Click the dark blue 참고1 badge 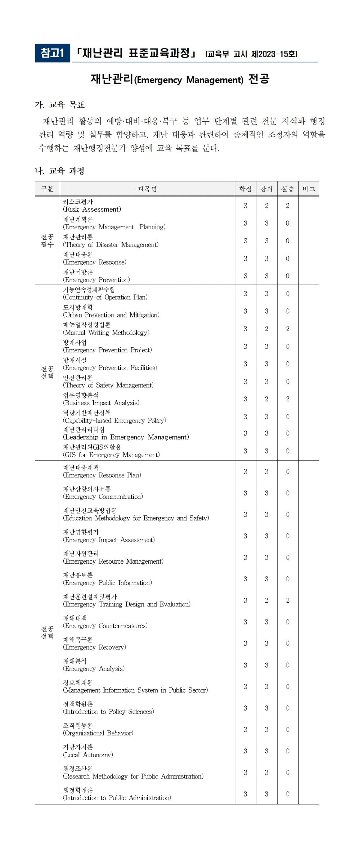pyautogui.click(x=52, y=53)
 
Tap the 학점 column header pyautogui.click(x=245, y=189)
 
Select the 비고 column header pyautogui.click(x=309, y=189)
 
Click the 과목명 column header pyautogui.click(x=147, y=189)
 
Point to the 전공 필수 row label pyautogui.click(x=47, y=240)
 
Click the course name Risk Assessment pyautogui.click(x=92, y=206)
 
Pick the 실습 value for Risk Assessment pyautogui.click(x=288, y=206)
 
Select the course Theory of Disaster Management pyautogui.click(x=111, y=241)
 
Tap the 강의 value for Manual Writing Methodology pyautogui.click(x=266, y=329)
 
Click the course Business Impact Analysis pyautogui.click(x=101, y=399)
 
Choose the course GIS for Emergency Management pyautogui.click(x=111, y=451)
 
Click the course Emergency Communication pyautogui.click(x=103, y=493)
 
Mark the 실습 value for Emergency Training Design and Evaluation pyautogui.click(x=288, y=600)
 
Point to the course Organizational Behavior pyautogui.click(x=98, y=730)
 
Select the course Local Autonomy pyautogui.click(x=88, y=751)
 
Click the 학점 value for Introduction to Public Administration pyautogui.click(x=245, y=794)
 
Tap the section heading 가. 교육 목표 pyautogui.click(x=60, y=105)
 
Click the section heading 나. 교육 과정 pyautogui.click(x=60, y=171)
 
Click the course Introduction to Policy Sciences pyautogui.click(x=108, y=708)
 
